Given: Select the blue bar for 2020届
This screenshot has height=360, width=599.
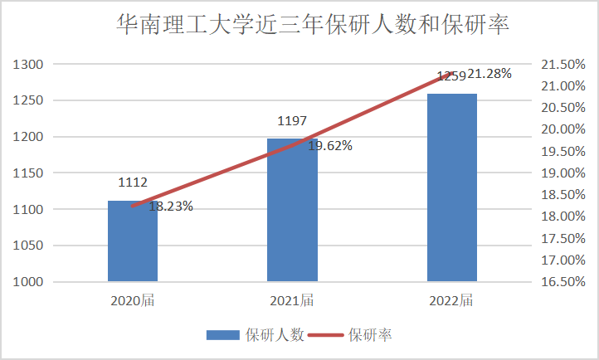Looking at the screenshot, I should coord(133,245).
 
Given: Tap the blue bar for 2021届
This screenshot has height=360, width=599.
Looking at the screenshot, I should coord(292,216).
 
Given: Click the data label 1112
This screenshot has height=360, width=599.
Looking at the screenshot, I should coord(133,182).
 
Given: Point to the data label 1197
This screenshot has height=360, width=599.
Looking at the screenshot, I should coord(292,121).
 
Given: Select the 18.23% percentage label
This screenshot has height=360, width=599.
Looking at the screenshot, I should coord(171,207).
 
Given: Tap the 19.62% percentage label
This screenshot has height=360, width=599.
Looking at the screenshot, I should coord(330,145).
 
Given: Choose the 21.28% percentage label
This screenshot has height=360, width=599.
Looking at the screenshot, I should coord(489,74).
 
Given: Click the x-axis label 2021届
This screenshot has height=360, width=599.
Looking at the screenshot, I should coord(292,299).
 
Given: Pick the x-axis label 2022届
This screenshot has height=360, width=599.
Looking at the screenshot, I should coord(451,299).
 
